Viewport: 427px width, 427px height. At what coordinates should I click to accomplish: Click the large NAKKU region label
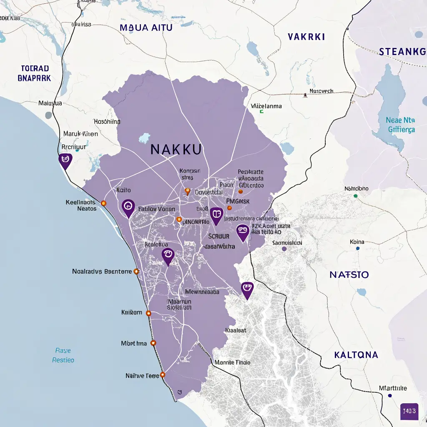(176, 149)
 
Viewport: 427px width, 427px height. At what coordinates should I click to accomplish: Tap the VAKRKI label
(306, 37)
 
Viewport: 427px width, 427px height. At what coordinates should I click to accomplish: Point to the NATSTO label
(349, 275)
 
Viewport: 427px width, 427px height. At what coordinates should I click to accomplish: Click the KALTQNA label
(356, 355)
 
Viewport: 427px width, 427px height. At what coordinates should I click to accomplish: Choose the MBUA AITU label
(146, 28)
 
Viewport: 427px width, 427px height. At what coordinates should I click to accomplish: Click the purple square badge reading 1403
(409, 411)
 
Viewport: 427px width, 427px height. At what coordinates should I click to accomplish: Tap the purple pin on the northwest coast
(65, 160)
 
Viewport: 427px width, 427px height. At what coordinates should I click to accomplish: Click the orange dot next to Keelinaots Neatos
(104, 203)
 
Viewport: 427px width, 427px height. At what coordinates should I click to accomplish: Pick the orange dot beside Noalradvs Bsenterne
(136, 271)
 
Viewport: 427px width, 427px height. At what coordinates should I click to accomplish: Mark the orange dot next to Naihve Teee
(162, 375)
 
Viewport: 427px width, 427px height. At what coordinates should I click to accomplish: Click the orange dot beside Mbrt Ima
(153, 343)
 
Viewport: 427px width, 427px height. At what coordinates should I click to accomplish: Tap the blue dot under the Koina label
(357, 249)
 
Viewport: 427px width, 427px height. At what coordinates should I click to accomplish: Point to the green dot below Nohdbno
(355, 195)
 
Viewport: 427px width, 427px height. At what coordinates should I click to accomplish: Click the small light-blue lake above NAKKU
(144, 138)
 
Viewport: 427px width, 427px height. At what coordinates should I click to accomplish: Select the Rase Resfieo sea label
(63, 355)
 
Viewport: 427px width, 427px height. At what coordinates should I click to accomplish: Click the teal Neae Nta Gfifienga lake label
(401, 125)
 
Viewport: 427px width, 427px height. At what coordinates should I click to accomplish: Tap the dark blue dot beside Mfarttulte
(389, 395)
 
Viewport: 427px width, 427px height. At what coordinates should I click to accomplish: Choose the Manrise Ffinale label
(232, 362)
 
